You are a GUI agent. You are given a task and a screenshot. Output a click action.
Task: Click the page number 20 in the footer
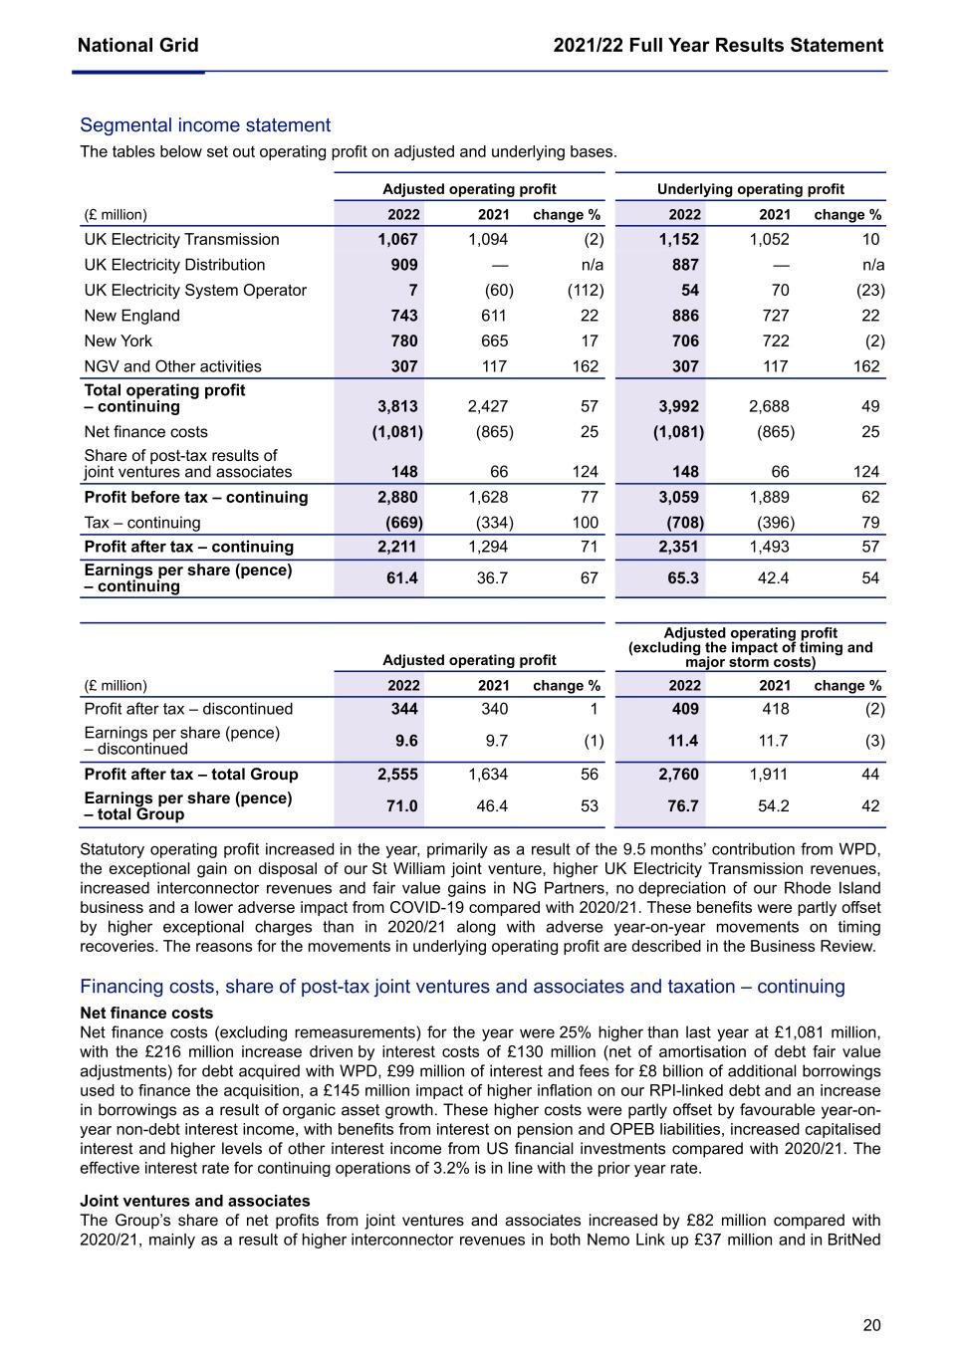coord(871,1325)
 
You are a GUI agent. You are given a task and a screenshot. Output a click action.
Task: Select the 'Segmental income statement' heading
coord(205,125)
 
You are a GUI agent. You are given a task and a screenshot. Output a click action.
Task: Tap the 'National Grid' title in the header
coord(137,45)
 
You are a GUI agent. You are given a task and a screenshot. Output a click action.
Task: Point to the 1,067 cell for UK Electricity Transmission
coord(397,239)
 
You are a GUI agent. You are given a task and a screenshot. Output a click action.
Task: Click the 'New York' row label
coord(119,340)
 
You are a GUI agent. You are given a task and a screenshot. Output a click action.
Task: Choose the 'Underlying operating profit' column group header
coord(750,189)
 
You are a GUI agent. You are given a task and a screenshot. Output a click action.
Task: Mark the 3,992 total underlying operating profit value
coord(678,406)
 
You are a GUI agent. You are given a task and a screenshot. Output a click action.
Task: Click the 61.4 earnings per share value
coord(401,577)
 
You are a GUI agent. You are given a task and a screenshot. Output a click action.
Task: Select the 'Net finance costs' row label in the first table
coord(146,431)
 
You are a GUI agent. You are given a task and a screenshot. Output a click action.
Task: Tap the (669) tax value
coord(403,522)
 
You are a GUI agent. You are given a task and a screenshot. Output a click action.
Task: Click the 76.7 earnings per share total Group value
coord(682,805)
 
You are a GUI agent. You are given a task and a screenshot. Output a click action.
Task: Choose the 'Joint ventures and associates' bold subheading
coord(195,1201)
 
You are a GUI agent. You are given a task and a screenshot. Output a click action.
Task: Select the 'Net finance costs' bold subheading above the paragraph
coord(146,1013)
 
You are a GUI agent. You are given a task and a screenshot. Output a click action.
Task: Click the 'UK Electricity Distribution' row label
coord(175,265)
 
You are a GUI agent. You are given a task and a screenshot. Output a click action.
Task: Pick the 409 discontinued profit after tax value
coord(684,709)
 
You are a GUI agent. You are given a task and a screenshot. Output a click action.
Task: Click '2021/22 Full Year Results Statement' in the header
coord(718,45)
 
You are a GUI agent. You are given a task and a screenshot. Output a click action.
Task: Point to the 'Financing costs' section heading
coord(462,987)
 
